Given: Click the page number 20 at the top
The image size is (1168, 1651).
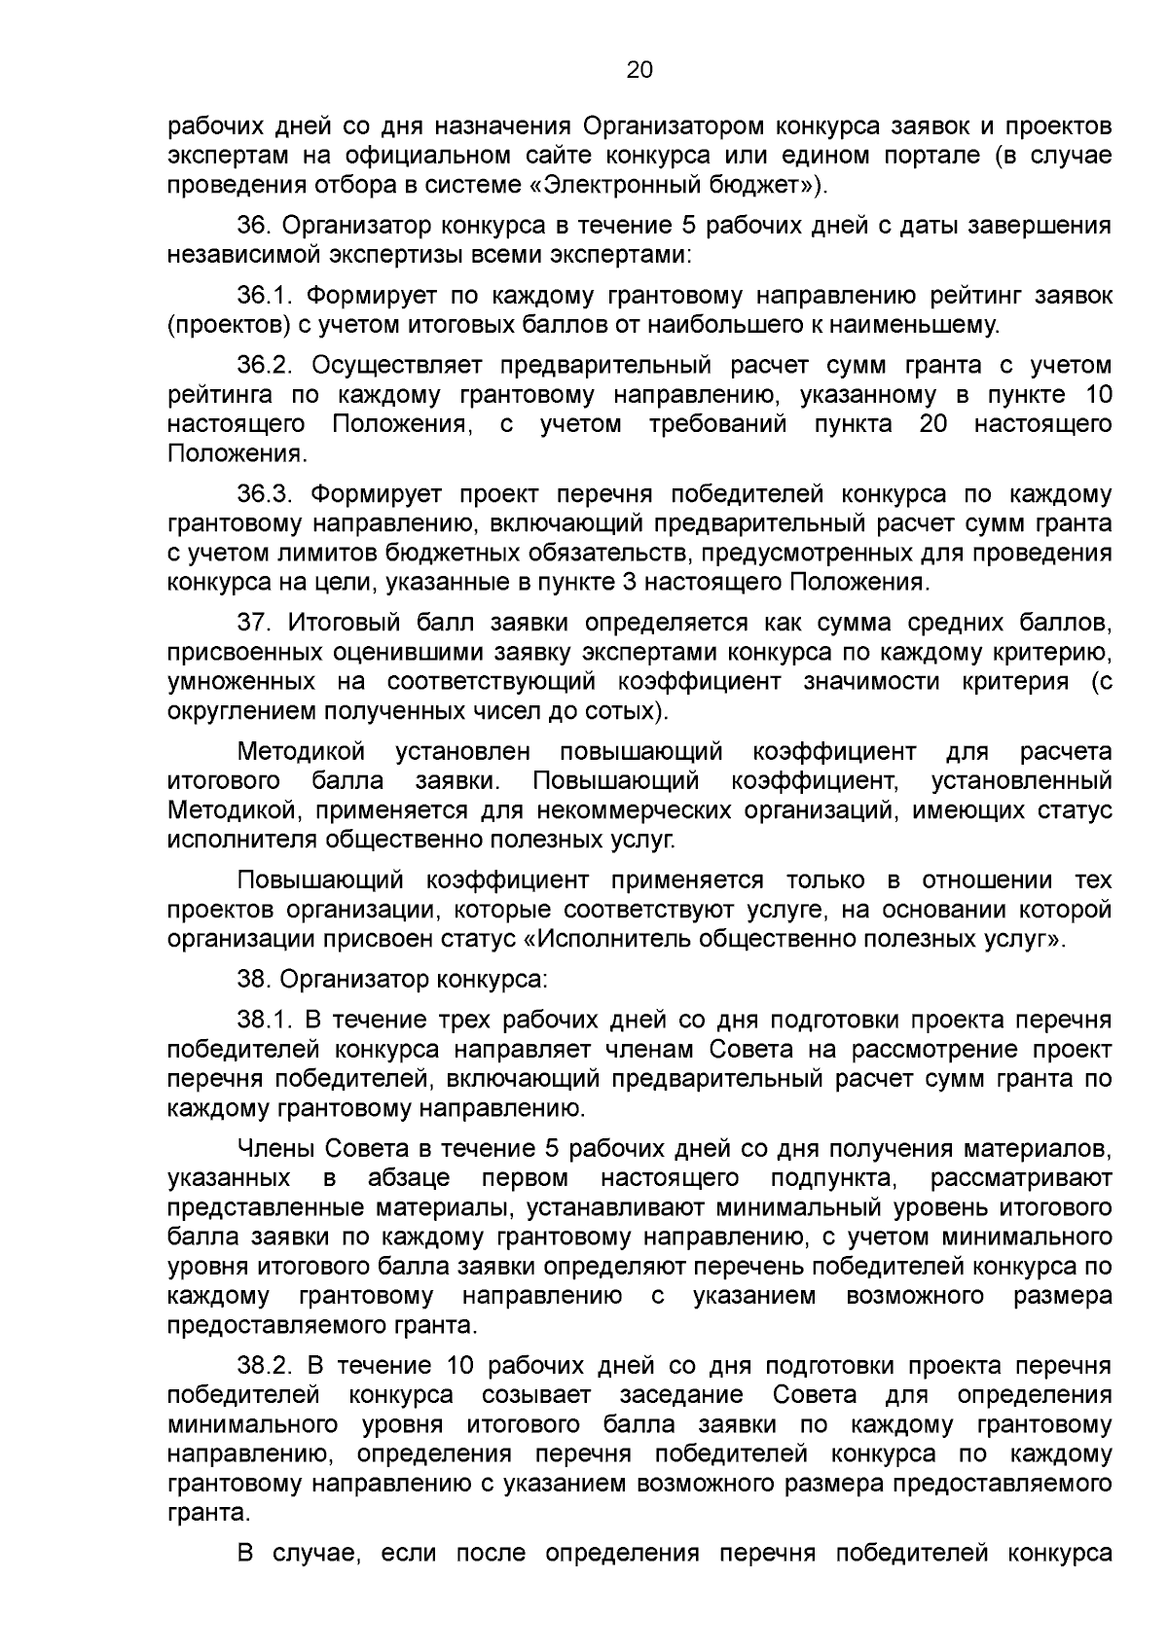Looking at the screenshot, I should coord(639,70).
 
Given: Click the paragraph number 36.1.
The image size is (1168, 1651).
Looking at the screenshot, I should coord(265,295).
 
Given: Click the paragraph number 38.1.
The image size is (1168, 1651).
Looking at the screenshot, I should coord(265,1020).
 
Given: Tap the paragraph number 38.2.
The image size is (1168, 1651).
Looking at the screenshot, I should coord(265,1365).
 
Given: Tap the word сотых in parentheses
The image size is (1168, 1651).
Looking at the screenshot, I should coord(627,710).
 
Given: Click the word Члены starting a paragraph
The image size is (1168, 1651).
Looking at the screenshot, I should coord(275,1148).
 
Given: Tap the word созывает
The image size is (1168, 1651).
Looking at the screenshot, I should coord(535,1395).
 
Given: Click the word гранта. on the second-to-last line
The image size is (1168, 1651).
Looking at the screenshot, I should coord(207,1514).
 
